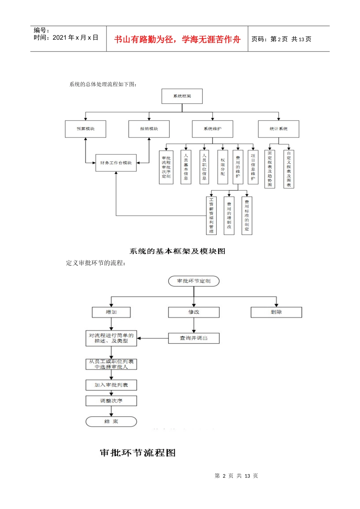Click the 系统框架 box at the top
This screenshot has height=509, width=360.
[182, 96]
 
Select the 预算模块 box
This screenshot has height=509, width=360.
[85, 129]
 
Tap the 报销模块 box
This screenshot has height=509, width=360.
[149, 129]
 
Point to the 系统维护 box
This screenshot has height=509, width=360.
[212, 129]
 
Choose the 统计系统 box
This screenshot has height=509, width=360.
[279, 129]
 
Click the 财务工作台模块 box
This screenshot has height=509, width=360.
[116, 163]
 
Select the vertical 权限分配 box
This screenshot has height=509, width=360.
[222, 167]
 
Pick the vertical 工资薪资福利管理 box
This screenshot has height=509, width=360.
[211, 215]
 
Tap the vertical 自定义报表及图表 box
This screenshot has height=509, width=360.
[289, 169]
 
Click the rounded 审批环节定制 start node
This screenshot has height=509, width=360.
[194, 281]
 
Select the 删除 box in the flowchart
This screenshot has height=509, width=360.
[276, 312]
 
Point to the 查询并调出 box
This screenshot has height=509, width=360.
[194, 338]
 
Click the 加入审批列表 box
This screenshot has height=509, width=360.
[111, 385]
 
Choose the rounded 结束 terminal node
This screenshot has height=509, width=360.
[111, 422]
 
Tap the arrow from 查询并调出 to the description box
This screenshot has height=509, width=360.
[152, 338]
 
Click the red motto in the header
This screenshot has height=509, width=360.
[177, 39]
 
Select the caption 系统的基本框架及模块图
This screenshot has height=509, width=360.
[177, 251]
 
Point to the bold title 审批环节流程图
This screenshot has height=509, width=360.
[138, 453]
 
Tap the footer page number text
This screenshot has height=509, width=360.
[236, 476]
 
